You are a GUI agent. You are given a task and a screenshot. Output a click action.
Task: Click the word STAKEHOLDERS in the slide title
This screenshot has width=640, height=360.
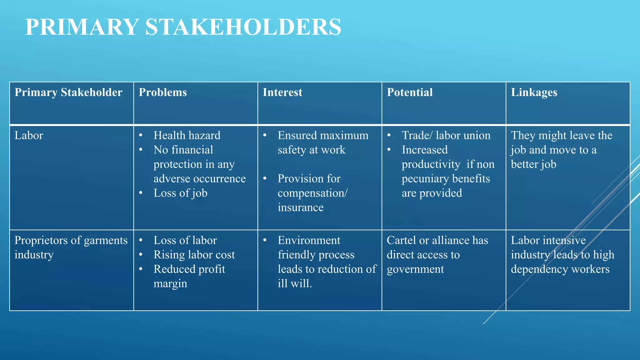click(x=243, y=27)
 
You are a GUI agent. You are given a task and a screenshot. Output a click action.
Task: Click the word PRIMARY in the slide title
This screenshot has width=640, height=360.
click(x=82, y=27)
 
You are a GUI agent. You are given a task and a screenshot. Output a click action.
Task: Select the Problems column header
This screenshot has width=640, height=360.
click(x=162, y=92)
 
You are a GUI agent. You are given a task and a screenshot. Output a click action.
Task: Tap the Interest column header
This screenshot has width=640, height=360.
click(x=282, y=92)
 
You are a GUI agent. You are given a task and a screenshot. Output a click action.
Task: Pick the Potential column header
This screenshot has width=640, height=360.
click(x=410, y=92)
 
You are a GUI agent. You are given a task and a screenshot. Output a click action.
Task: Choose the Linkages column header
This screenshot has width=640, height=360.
click(x=534, y=92)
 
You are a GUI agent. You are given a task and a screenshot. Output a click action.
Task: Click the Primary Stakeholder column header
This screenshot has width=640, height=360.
click(x=68, y=92)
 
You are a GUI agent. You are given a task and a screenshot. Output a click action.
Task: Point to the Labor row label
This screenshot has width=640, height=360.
click(x=29, y=136)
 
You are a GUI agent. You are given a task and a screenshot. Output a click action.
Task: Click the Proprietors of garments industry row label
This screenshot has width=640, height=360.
click(x=71, y=247)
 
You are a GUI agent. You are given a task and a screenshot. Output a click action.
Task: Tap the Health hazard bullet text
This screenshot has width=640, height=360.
click(x=187, y=136)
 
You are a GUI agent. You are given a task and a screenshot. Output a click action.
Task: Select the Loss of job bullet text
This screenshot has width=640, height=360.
click(x=180, y=193)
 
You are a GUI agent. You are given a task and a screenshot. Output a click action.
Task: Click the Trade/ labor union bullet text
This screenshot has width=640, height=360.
click(x=446, y=136)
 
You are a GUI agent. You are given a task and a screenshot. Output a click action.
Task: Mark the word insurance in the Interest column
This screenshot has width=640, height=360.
click(x=300, y=207)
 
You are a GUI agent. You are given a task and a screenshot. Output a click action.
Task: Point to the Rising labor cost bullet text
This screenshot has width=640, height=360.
click(x=194, y=255)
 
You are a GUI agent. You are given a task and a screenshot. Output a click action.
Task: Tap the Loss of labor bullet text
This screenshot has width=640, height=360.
click(x=185, y=241)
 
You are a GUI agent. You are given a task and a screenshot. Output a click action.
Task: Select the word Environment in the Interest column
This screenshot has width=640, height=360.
click(x=309, y=241)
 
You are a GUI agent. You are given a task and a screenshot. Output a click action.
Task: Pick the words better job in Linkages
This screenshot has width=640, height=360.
click(x=533, y=164)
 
